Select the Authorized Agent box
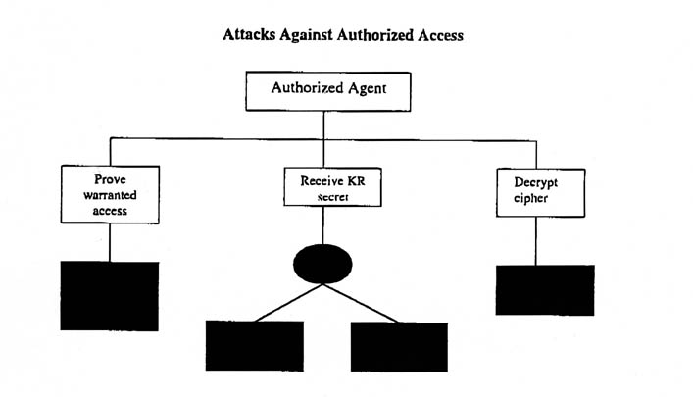click(x=326, y=91)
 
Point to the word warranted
click(x=110, y=194)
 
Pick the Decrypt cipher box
click(x=535, y=191)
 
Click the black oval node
click(x=322, y=264)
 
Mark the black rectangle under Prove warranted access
click(x=109, y=295)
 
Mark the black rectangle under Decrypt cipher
click(x=545, y=289)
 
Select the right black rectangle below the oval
click(x=399, y=346)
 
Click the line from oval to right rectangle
click(x=362, y=304)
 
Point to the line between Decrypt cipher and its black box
click(x=536, y=240)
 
